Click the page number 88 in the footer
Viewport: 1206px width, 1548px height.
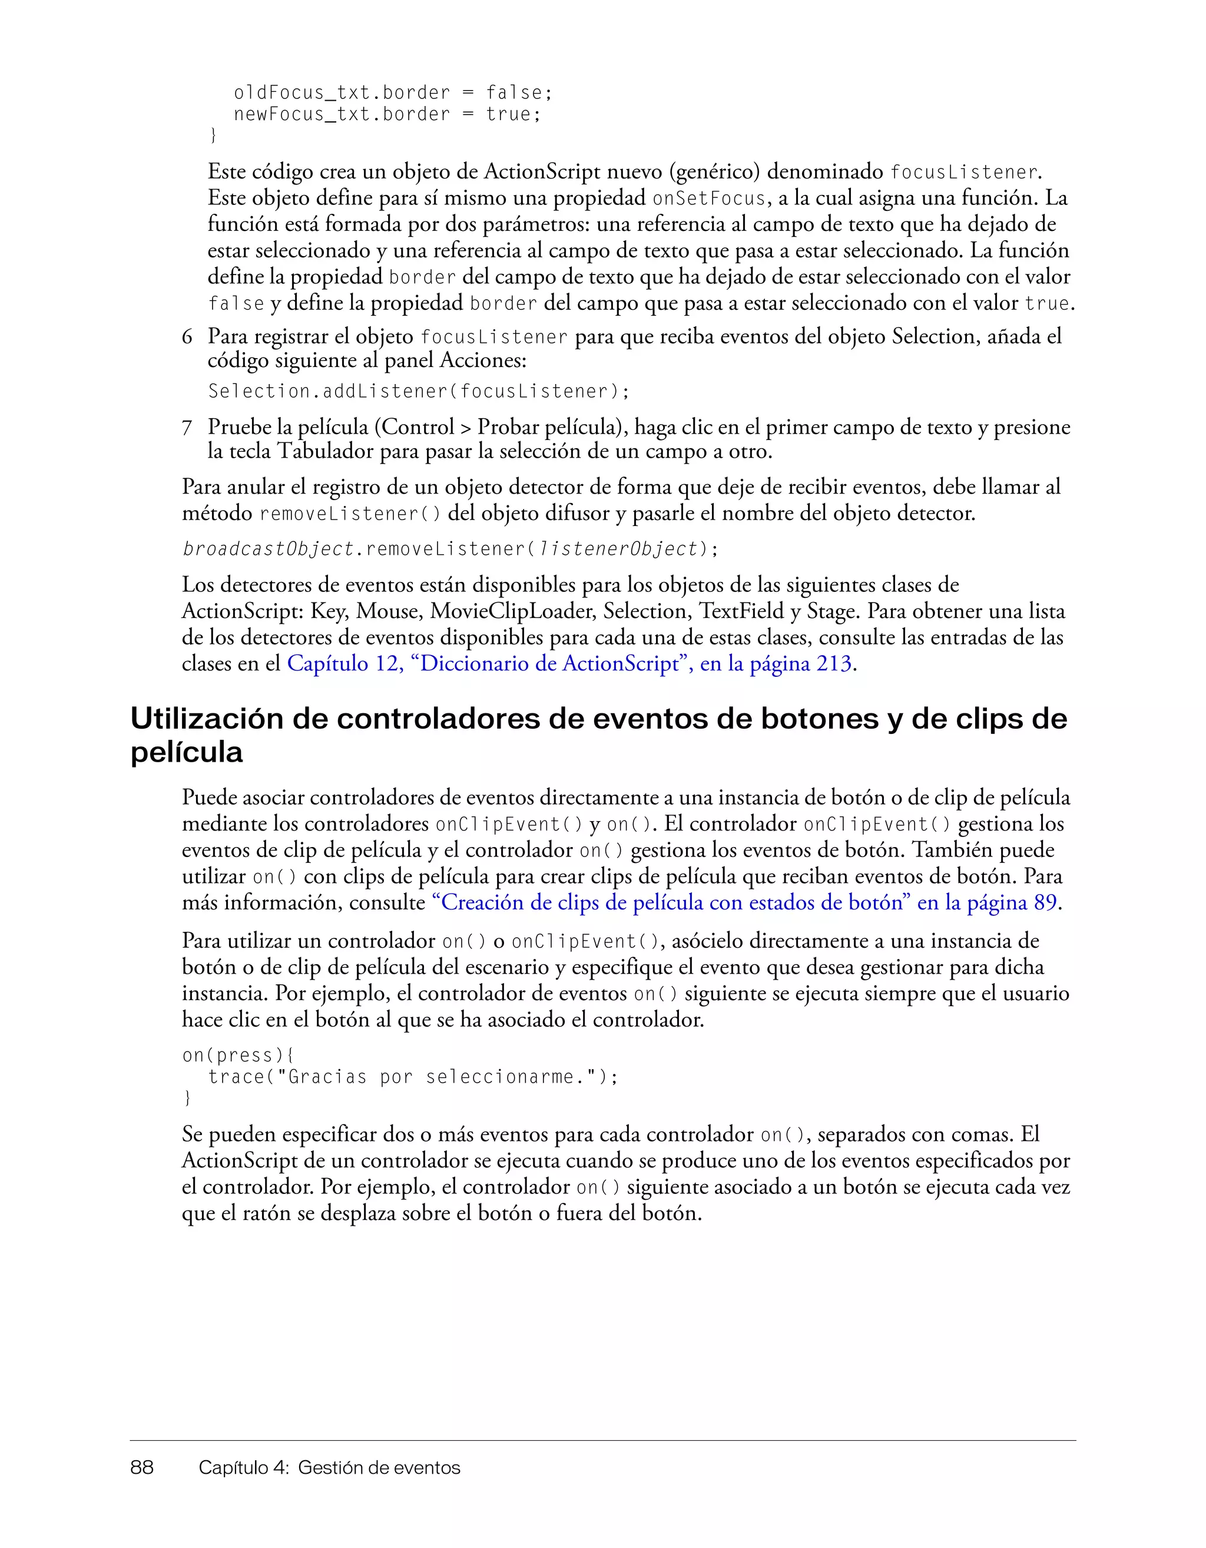(x=142, y=1467)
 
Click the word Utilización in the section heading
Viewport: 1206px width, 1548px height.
(x=227, y=719)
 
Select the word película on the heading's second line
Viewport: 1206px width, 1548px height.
(x=186, y=752)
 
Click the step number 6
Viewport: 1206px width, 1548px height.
(x=187, y=337)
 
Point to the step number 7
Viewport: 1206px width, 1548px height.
(x=187, y=428)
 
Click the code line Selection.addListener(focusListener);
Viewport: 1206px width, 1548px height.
(x=418, y=391)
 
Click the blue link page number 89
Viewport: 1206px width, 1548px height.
(x=1045, y=902)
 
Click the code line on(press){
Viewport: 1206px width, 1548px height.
(x=238, y=1056)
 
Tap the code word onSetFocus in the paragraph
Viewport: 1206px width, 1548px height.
(x=709, y=199)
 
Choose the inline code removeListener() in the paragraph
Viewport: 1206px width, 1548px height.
(x=350, y=513)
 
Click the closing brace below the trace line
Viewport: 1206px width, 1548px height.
(x=187, y=1098)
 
